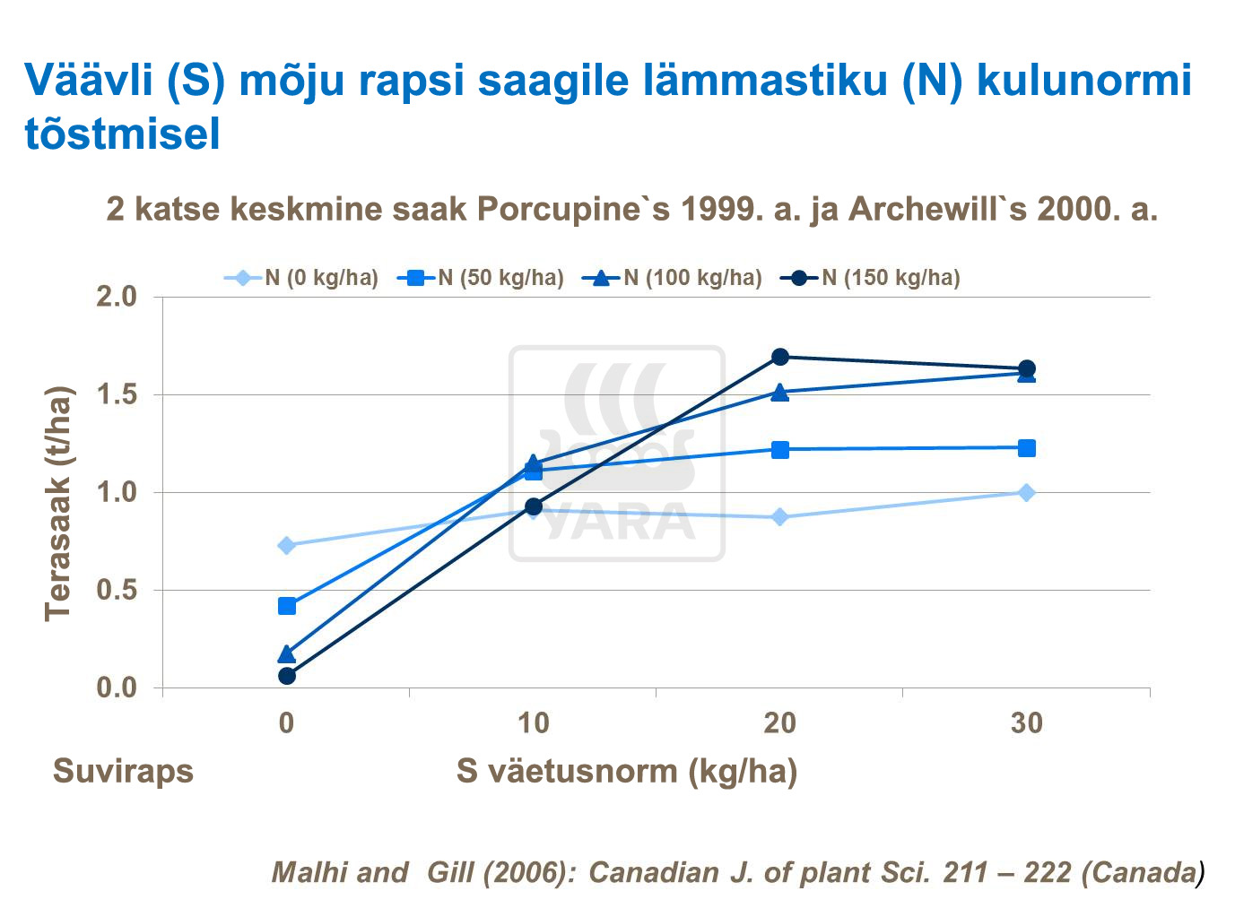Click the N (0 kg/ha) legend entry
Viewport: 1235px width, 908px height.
[x=301, y=278]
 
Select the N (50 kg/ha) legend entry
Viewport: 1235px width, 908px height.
[x=481, y=278]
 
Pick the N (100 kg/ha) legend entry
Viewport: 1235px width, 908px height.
[x=673, y=278]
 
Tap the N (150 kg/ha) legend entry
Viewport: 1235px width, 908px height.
[x=871, y=278]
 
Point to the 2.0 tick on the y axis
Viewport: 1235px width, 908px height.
[x=117, y=297]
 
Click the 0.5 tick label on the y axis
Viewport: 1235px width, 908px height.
[x=117, y=591]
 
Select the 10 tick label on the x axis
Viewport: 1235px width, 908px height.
[x=533, y=722]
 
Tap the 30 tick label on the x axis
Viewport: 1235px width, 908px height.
[x=1027, y=722]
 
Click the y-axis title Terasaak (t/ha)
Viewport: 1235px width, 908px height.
[x=57, y=504]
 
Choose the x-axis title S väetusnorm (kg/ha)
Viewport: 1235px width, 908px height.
[x=626, y=771]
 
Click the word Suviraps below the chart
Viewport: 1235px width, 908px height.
[x=123, y=771]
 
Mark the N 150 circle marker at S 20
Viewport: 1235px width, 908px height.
[x=780, y=357]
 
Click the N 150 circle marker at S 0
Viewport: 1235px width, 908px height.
[x=287, y=676]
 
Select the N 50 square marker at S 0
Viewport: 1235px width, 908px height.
[x=287, y=606]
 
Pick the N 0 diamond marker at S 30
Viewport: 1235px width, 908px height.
[x=1027, y=492]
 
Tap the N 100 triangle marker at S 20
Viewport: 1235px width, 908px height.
[x=780, y=392]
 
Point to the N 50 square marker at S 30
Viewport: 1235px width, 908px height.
[x=1027, y=448]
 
